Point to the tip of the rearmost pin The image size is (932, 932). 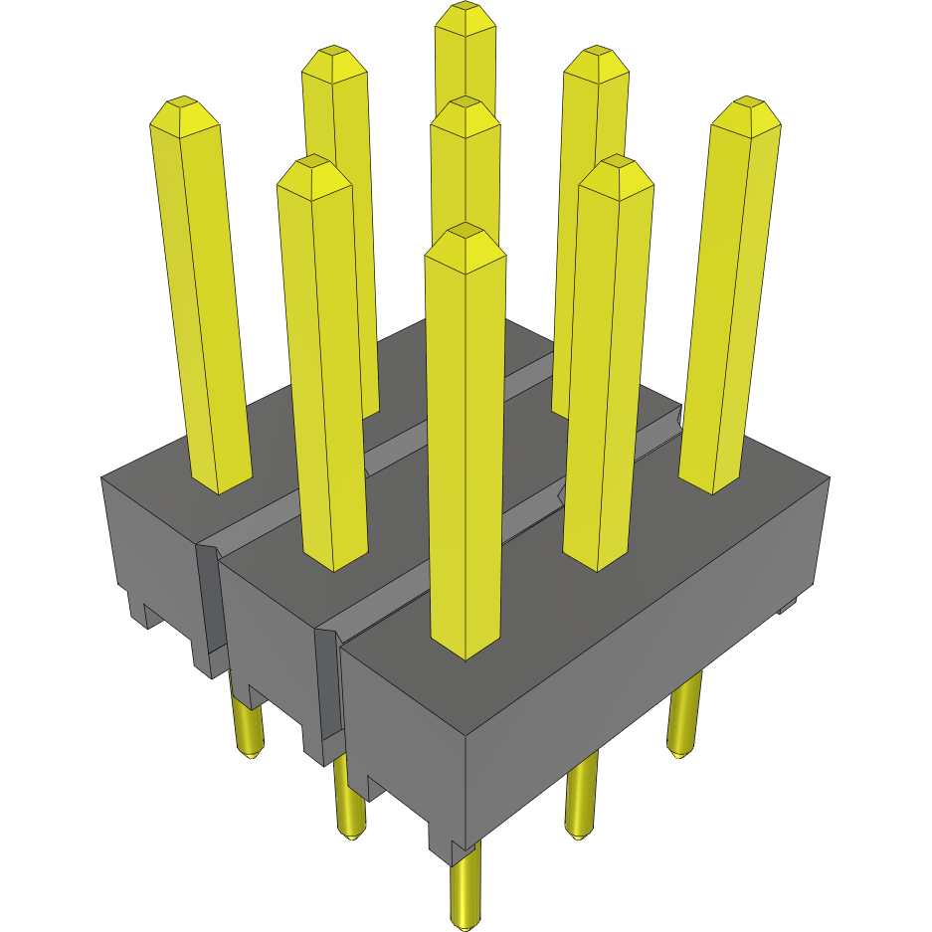coord(466,18)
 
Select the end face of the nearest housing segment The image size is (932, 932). coord(398,726)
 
